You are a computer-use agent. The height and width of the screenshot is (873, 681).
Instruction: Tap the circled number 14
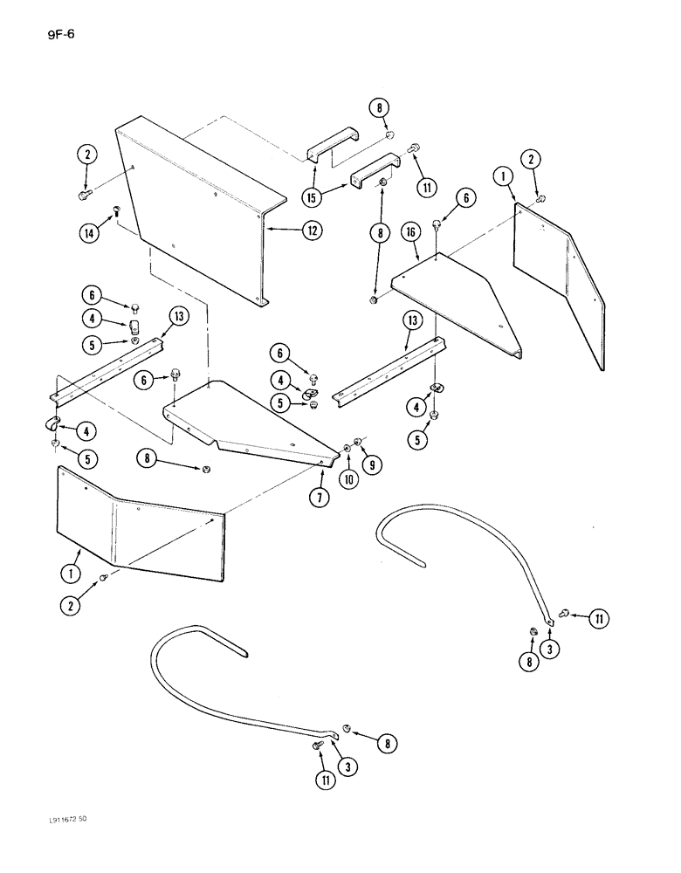coord(88,231)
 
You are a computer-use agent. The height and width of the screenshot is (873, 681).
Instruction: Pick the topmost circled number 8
coord(381,110)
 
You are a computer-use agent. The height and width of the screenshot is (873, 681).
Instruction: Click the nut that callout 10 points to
coord(347,448)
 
